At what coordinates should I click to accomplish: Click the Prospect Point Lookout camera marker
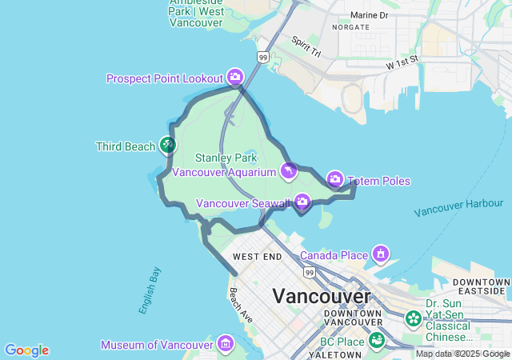[x=234, y=77]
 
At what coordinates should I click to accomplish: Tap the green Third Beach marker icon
[x=167, y=146]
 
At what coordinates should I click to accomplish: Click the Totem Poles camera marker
[x=335, y=178]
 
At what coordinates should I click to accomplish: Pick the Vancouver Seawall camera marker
[x=302, y=201]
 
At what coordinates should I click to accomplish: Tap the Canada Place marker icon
[x=381, y=255]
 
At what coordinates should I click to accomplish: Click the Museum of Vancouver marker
[x=226, y=344]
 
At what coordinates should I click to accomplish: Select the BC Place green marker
[x=376, y=342]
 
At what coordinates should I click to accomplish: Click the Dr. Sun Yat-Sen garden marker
[x=413, y=318]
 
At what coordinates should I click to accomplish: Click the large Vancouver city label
[x=322, y=295]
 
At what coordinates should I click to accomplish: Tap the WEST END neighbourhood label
[x=257, y=256]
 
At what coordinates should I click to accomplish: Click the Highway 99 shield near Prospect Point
[x=263, y=58]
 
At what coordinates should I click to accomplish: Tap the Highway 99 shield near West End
[x=310, y=273]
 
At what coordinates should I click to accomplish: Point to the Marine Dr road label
[x=369, y=15]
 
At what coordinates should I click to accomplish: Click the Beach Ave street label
[x=240, y=305]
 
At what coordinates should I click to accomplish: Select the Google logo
[x=26, y=350]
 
